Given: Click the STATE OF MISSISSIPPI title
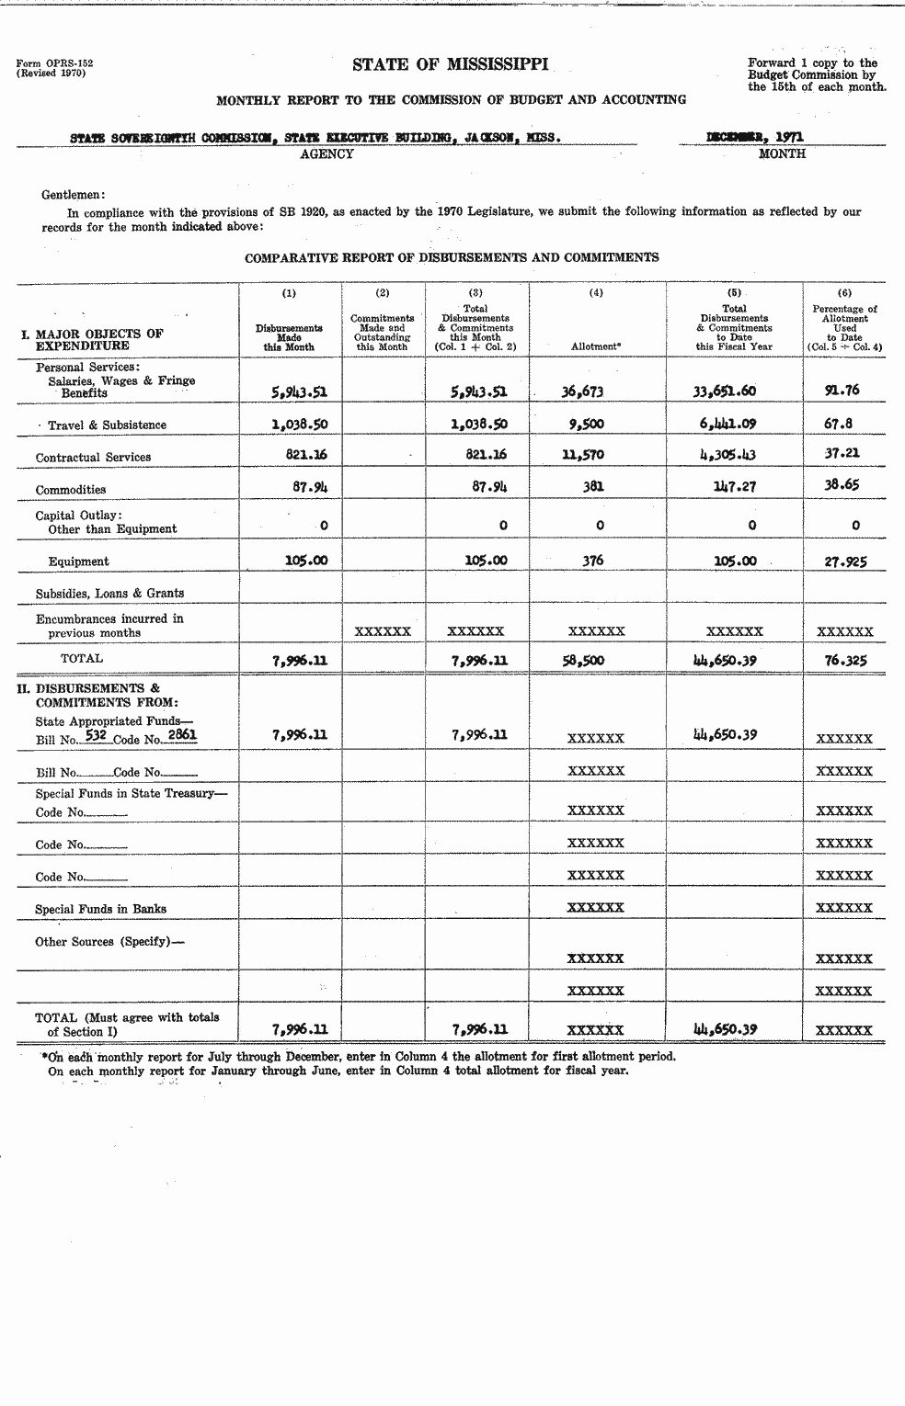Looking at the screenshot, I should click(x=450, y=64).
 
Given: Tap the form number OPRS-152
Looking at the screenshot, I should click(x=54, y=63).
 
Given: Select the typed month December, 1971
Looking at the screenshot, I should click(x=754, y=136).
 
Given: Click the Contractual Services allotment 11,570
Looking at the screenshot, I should click(x=582, y=455).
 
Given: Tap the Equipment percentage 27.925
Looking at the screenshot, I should click(x=844, y=561).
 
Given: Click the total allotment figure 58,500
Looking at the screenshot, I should click(x=582, y=660).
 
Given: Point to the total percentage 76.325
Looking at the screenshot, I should click(x=845, y=660).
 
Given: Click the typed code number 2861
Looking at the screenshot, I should click(x=182, y=735).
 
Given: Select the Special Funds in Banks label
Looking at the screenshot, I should click(x=101, y=909).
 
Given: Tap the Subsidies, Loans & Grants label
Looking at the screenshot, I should click(x=110, y=594).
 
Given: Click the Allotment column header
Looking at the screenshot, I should click(x=596, y=346).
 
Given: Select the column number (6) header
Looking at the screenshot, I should click(x=844, y=293).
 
